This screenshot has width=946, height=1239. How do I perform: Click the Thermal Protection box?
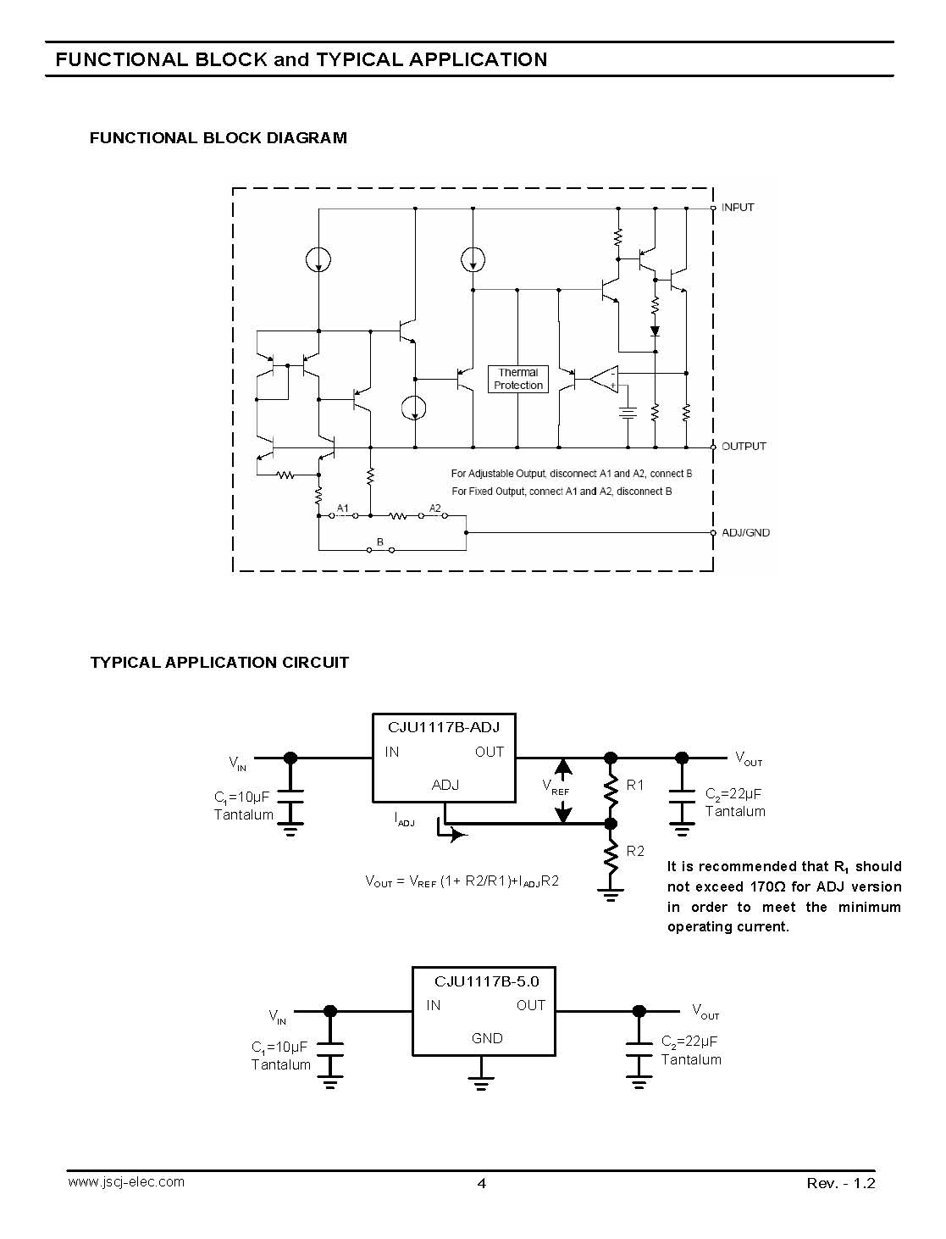click(x=517, y=379)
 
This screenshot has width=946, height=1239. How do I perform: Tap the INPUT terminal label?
click(x=738, y=207)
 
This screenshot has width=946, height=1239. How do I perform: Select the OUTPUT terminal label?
click(x=744, y=446)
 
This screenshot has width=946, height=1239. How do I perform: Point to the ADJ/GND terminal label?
click(x=746, y=532)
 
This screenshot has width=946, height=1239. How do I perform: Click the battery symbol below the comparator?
click(x=628, y=414)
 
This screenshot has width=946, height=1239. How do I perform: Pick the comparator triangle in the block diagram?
click(x=604, y=379)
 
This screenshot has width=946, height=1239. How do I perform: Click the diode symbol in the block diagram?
click(x=655, y=331)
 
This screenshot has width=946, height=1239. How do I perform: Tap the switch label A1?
click(x=342, y=508)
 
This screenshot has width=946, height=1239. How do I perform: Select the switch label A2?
click(x=435, y=508)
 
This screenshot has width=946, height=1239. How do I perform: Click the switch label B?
click(x=380, y=542)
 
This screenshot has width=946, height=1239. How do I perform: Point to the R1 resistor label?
click(x=634, y=785)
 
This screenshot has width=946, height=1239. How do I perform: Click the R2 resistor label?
click(x=635, y=851)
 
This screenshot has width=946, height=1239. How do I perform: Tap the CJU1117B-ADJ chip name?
click(x=444, y=727)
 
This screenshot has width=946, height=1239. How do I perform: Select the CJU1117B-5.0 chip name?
click(x=486, y=981)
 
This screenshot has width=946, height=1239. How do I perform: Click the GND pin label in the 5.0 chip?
click(x=487, y=1038)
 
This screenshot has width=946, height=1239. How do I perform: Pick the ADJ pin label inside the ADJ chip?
click(x=445, y=785)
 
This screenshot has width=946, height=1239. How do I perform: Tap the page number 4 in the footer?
click(x=481, y=1183)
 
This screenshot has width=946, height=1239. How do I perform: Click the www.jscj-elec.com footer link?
click(x=126, y=1182)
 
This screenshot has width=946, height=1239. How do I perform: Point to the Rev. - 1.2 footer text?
click(x=840, y=1183)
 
